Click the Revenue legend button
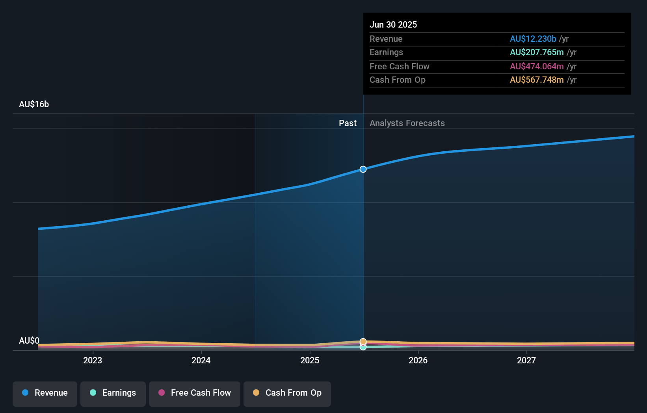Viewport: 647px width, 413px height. point(45,393)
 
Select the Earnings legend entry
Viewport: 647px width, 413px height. point(113,393)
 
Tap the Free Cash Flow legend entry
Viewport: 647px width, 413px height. point(194,393)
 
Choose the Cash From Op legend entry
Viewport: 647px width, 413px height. point(287,393)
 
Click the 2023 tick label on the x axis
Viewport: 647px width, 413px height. point(93,360)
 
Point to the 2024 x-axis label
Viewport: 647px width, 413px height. point(201,360)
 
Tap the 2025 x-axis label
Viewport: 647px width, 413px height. point(310,360)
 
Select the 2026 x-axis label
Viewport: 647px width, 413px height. point(418,360)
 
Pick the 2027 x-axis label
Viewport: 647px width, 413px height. point(526,360)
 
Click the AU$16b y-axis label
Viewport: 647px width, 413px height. point(34,104)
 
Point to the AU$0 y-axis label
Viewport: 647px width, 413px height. point(29,340)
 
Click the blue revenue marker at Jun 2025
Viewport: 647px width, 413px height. point(363,169)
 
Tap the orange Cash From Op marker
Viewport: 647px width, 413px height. point(363,341)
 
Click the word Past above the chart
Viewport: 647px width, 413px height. point(348,123)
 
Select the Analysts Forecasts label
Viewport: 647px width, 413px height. point(407,123)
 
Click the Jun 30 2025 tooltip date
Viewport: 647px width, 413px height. point(393,24)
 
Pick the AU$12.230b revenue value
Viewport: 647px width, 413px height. point(533,39)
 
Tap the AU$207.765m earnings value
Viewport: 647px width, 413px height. point(536,52)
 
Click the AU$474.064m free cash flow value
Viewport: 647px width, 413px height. point(536,66)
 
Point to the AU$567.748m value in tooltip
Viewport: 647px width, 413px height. point(536,80)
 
